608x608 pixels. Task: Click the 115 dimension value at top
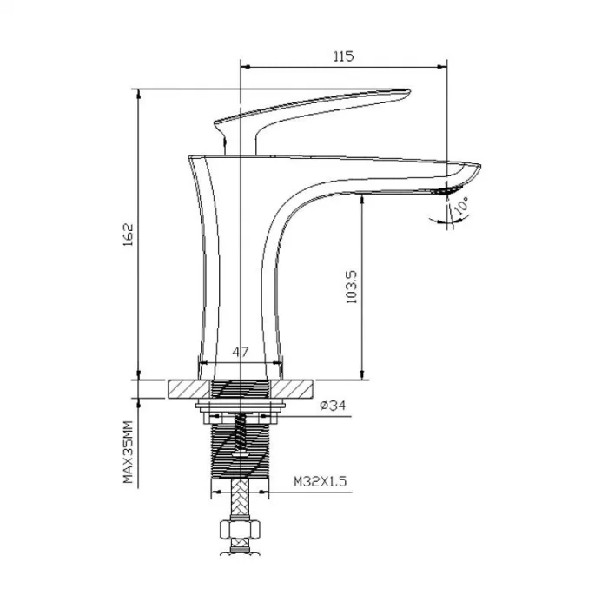[x=342, y=56]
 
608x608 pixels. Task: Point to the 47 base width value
[x=241, y=352]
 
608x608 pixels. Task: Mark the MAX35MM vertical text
[x=127, y=452]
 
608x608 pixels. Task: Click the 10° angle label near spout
[x=460, y=207]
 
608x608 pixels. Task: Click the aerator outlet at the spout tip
[x=445, y=189]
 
